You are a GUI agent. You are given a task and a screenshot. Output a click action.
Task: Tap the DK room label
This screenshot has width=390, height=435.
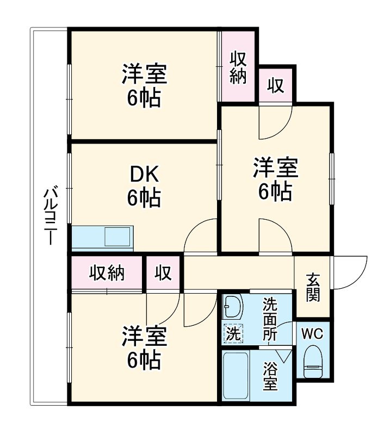[144, 175]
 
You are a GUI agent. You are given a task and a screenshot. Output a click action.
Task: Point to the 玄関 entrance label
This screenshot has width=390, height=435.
[312, 287]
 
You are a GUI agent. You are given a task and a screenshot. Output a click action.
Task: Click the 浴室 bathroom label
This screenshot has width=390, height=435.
[270, 376]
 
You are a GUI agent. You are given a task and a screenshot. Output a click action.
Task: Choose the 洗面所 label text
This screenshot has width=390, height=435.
[270, 319]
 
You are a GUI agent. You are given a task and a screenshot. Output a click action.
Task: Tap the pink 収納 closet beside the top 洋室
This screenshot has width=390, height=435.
[238, 67]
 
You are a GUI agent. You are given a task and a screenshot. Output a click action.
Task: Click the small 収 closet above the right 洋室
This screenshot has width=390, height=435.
[276, 85]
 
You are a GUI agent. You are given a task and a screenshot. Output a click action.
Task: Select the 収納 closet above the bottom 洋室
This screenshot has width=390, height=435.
[107, 273]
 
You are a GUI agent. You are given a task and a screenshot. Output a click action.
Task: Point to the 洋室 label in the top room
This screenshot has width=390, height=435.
[144, 74]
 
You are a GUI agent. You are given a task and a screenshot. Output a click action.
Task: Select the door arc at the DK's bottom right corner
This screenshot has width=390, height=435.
[200, 238]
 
